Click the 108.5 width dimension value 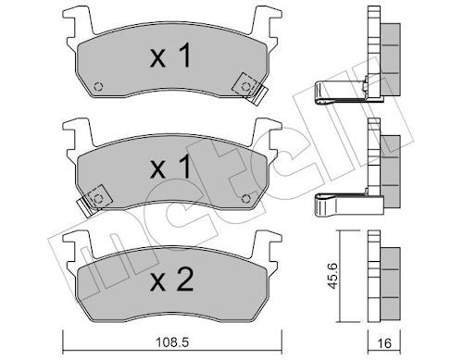(x=172, y=342)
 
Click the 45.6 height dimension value (x=332, y=276)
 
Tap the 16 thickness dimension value (x=384, y=343)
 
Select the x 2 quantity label (x=171, y=279)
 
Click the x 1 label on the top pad (x=170, y=56)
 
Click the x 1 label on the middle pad (x=170, y=168)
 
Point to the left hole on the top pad (x=98, y=87)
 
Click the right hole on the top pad (x=245, y=87)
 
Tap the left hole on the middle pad (x=98, y=198)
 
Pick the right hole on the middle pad (x=245, y=198)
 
